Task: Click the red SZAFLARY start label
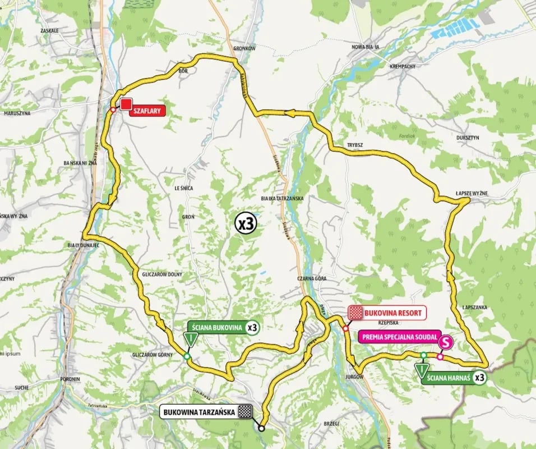point(147,111)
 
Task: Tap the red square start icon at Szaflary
point(127,104)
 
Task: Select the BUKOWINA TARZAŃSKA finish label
point(198,412)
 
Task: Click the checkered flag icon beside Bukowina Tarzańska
point(244,412)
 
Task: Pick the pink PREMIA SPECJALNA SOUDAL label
point(396,338)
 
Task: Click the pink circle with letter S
point(446,341)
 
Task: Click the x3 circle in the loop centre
point(245,224)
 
